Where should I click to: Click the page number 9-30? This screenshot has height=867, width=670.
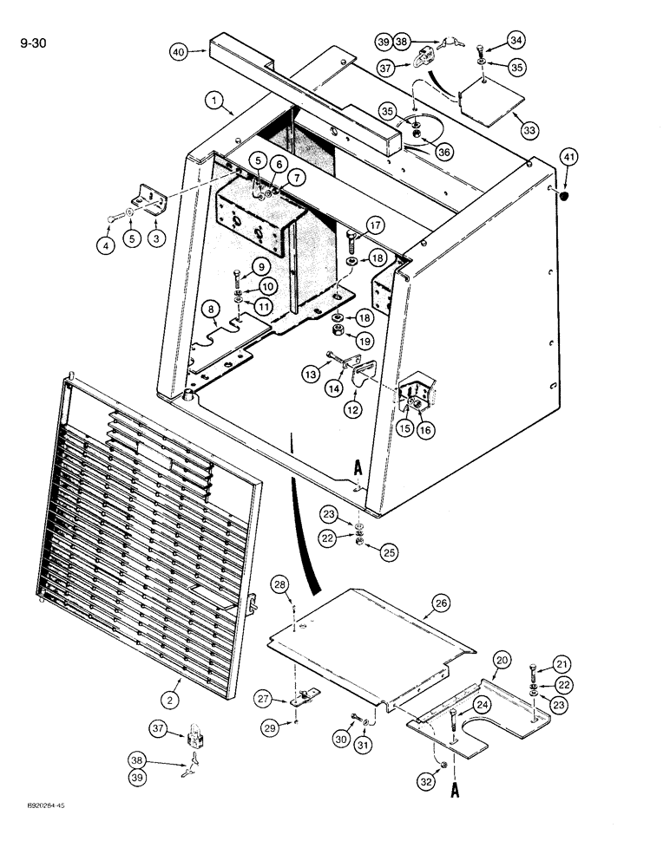click(x=29, y=39)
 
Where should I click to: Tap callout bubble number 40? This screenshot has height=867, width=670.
click(x=179, y=52)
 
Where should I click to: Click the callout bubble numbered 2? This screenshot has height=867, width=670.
click(x=172, y=698)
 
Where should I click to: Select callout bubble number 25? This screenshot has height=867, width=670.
click(x=362, y=551)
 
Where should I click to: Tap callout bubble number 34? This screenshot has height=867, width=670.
click(x=516, y=40)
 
